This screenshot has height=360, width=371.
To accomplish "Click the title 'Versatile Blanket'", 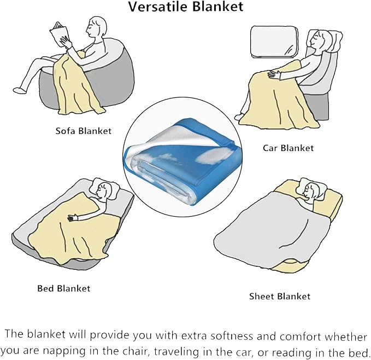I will click(x=185, y=7).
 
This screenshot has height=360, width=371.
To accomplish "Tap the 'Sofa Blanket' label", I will click(x=83, y=131).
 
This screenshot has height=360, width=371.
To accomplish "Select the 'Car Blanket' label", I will click(x=288, y=148).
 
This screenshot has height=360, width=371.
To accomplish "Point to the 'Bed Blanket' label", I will click(x=63, y=288).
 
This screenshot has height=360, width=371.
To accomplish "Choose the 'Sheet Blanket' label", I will click(x=279, y=296).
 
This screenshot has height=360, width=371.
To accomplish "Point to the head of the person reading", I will click(x=98, y=27).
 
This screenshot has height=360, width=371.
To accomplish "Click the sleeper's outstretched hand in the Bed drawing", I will click(x=71, y=218).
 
